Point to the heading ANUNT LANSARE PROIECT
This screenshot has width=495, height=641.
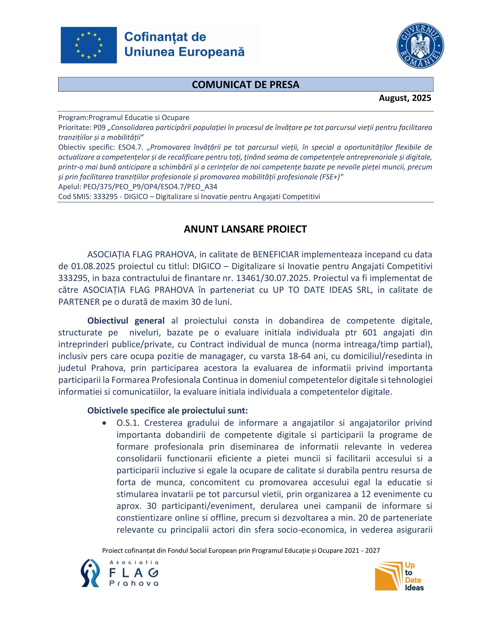click(245, 229)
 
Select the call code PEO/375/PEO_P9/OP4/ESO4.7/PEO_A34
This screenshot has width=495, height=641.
click(150, 187)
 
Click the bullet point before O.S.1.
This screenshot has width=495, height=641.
click(104, 423)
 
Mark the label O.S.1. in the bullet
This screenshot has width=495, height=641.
click(128, 423)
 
